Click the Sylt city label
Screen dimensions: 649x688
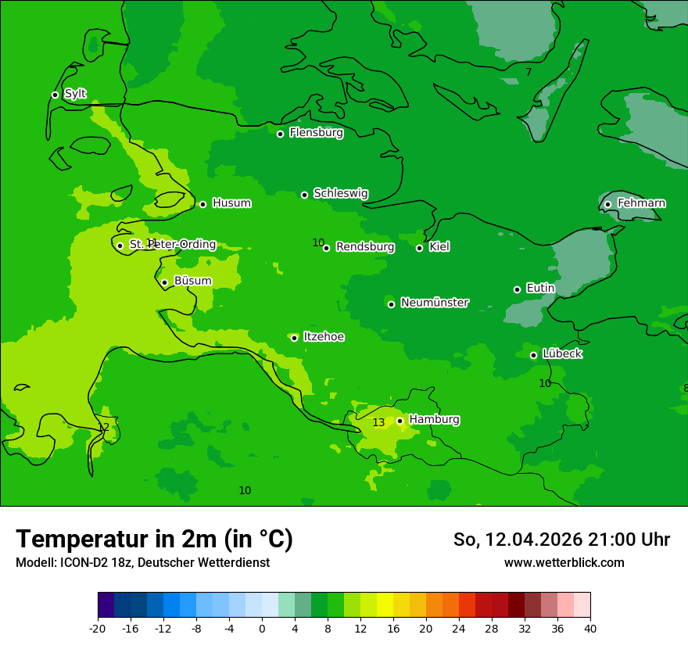coord(75,94)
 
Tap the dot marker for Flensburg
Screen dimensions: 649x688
coord(280,134)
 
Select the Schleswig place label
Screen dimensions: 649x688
coord(340,193)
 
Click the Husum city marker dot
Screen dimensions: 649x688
coord(202,204)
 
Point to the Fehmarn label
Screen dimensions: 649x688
coord(641,203)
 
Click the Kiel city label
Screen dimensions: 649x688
coord(439,247)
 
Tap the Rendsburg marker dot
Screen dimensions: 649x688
coord(326,248)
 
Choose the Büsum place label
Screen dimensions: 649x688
coord(192,281)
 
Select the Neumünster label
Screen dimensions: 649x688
coord(434,303)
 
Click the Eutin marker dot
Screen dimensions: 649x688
coord(517,289)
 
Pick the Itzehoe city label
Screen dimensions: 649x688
coord(324,337)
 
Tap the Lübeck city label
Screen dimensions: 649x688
coord(562,353)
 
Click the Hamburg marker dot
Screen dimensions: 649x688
coord(400,421)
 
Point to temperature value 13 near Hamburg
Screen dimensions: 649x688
coord(378,422)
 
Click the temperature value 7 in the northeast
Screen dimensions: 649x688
coord(529,72)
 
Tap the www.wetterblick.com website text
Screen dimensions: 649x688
coord(564,562)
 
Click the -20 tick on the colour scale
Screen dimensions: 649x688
coord(98,628)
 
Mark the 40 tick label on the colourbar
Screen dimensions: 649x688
coord(590,628)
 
